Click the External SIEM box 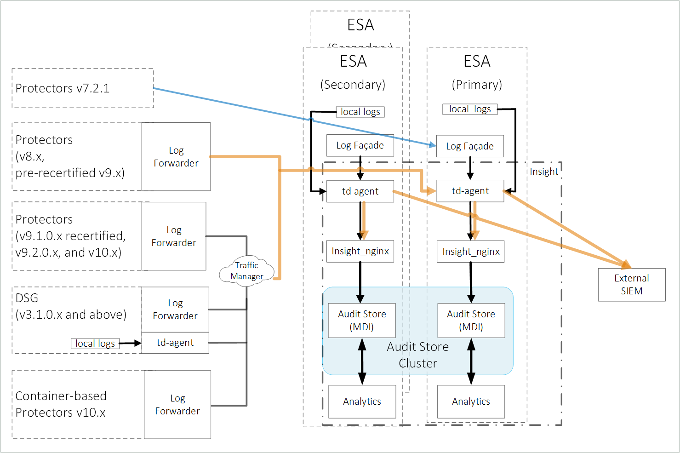pos(631,285)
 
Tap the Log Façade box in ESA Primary pos(470,146)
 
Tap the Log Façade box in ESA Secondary pos(360,145)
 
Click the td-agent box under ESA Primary pos(470,191)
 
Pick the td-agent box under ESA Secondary pos(360,191)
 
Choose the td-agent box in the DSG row pos(175,343)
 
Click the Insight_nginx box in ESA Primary pos(470,252)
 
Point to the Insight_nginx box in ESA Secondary pos(360,251)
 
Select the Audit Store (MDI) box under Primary pos(471,321)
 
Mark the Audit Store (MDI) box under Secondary pos(362,321)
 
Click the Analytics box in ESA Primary pos(471,401)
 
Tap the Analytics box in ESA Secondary pos(362,401)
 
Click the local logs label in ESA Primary pos(470,109)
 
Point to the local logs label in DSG pos(95,344)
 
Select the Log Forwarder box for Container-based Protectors pos(177,405)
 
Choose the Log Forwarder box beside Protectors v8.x pos(176,157)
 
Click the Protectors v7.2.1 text pos(63,88)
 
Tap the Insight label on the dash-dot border pos(544,172)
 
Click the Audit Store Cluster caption pos(417,355)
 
